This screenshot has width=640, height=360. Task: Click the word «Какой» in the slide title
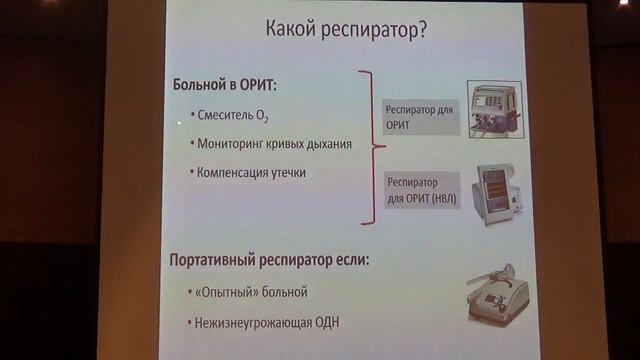(291, 30)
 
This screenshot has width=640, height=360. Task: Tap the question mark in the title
(425, 30)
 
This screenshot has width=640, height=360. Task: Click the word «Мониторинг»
(229, 146)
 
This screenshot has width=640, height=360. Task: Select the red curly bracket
(371, 148)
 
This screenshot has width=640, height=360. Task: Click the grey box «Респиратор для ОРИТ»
(419, 116)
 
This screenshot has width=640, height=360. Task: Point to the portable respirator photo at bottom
(497, 297)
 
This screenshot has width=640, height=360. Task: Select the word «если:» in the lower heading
(350, 261)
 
